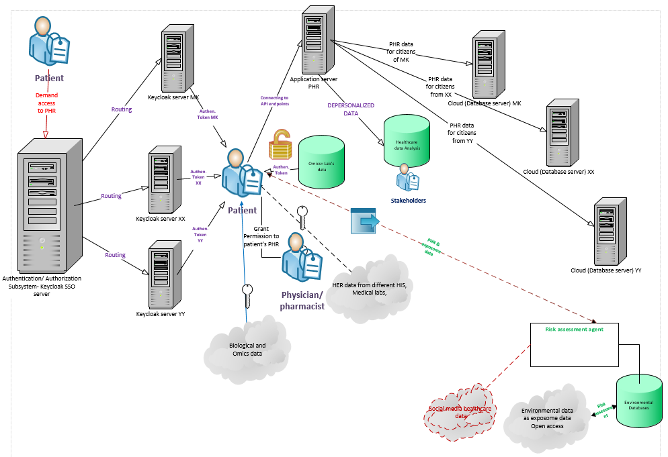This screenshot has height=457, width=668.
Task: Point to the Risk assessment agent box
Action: pos(574,345)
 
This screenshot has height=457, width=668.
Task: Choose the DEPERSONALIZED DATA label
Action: pos(351,109)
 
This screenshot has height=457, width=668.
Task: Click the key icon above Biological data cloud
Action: pos(248,295)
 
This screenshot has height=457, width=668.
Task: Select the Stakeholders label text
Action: pos(408,200)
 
